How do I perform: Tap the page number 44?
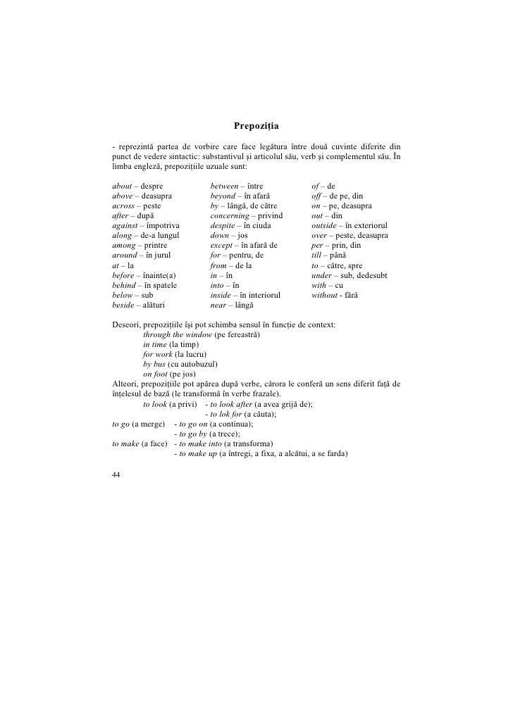[x=116, y=475]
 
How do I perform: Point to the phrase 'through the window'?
[x=175, y=334]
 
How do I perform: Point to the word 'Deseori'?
[x=126, y=324]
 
